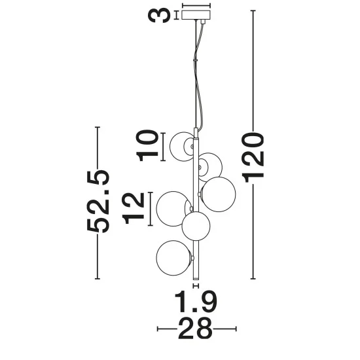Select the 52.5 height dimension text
click(x=98, y=201)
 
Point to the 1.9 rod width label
click(x=196, y=302)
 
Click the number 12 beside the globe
click(x=134, y=208)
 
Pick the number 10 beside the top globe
click(x=147, y=145)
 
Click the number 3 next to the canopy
click(x=159, y=15)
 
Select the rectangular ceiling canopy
click(x=196, y=15)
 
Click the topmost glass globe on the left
click(x=182, y=147)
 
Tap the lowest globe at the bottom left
click(x=173, y=258)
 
